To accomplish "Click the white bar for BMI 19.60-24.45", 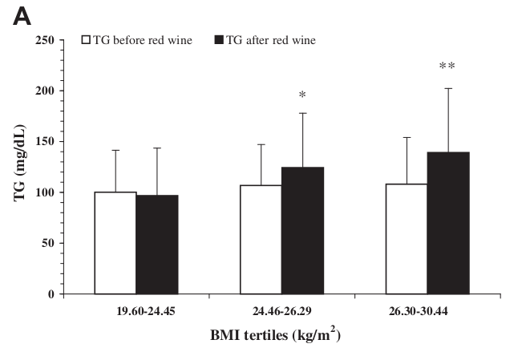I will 115,243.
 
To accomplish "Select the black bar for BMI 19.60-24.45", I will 156,245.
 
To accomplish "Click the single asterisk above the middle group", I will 302,95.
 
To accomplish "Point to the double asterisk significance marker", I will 447,67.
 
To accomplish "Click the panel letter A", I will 25,16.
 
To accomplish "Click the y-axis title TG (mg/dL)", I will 20,166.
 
